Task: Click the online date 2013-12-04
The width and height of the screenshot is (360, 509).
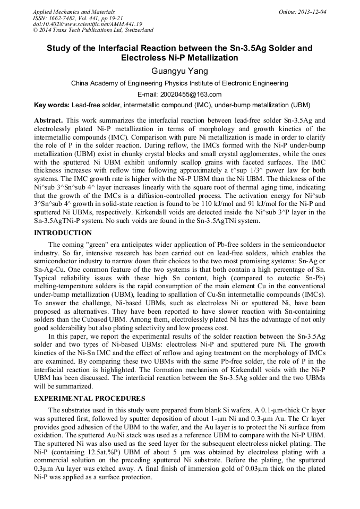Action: (x=311, y=12)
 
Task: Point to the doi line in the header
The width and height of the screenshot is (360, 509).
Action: (x=87, y=24)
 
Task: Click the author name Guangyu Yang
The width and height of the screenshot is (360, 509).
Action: (x=179, y=71)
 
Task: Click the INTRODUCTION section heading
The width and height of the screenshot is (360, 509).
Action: (x=63, y=233)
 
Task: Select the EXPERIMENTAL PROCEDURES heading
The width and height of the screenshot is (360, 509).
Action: (x=89, y=398)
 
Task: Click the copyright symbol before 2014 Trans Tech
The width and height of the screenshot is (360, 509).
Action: (x=35, y=30)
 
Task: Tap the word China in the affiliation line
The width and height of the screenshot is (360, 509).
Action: (x=81, y=83)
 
